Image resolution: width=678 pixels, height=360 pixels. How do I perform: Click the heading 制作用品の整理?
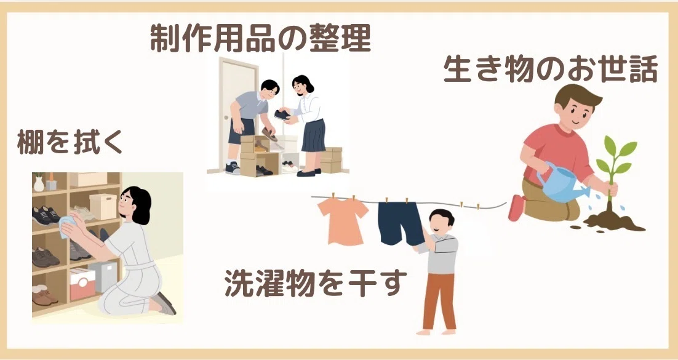tap(260, 39)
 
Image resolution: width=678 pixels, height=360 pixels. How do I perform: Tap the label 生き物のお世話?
tap(551, 70)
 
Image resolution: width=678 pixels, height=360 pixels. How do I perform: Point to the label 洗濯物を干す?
tap(316, 283)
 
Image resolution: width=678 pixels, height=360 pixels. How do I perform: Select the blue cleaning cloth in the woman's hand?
tap(66, 226)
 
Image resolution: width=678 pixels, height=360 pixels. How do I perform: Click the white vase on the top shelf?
tap(39, 183)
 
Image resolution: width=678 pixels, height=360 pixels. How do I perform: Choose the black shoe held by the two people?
tap(282, 115)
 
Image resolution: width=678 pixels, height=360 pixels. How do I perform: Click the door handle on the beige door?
tap(225, 117)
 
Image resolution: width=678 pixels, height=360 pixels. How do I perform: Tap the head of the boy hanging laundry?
tap(441, 222)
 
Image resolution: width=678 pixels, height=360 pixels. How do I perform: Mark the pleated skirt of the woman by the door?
tap(313, 135)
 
